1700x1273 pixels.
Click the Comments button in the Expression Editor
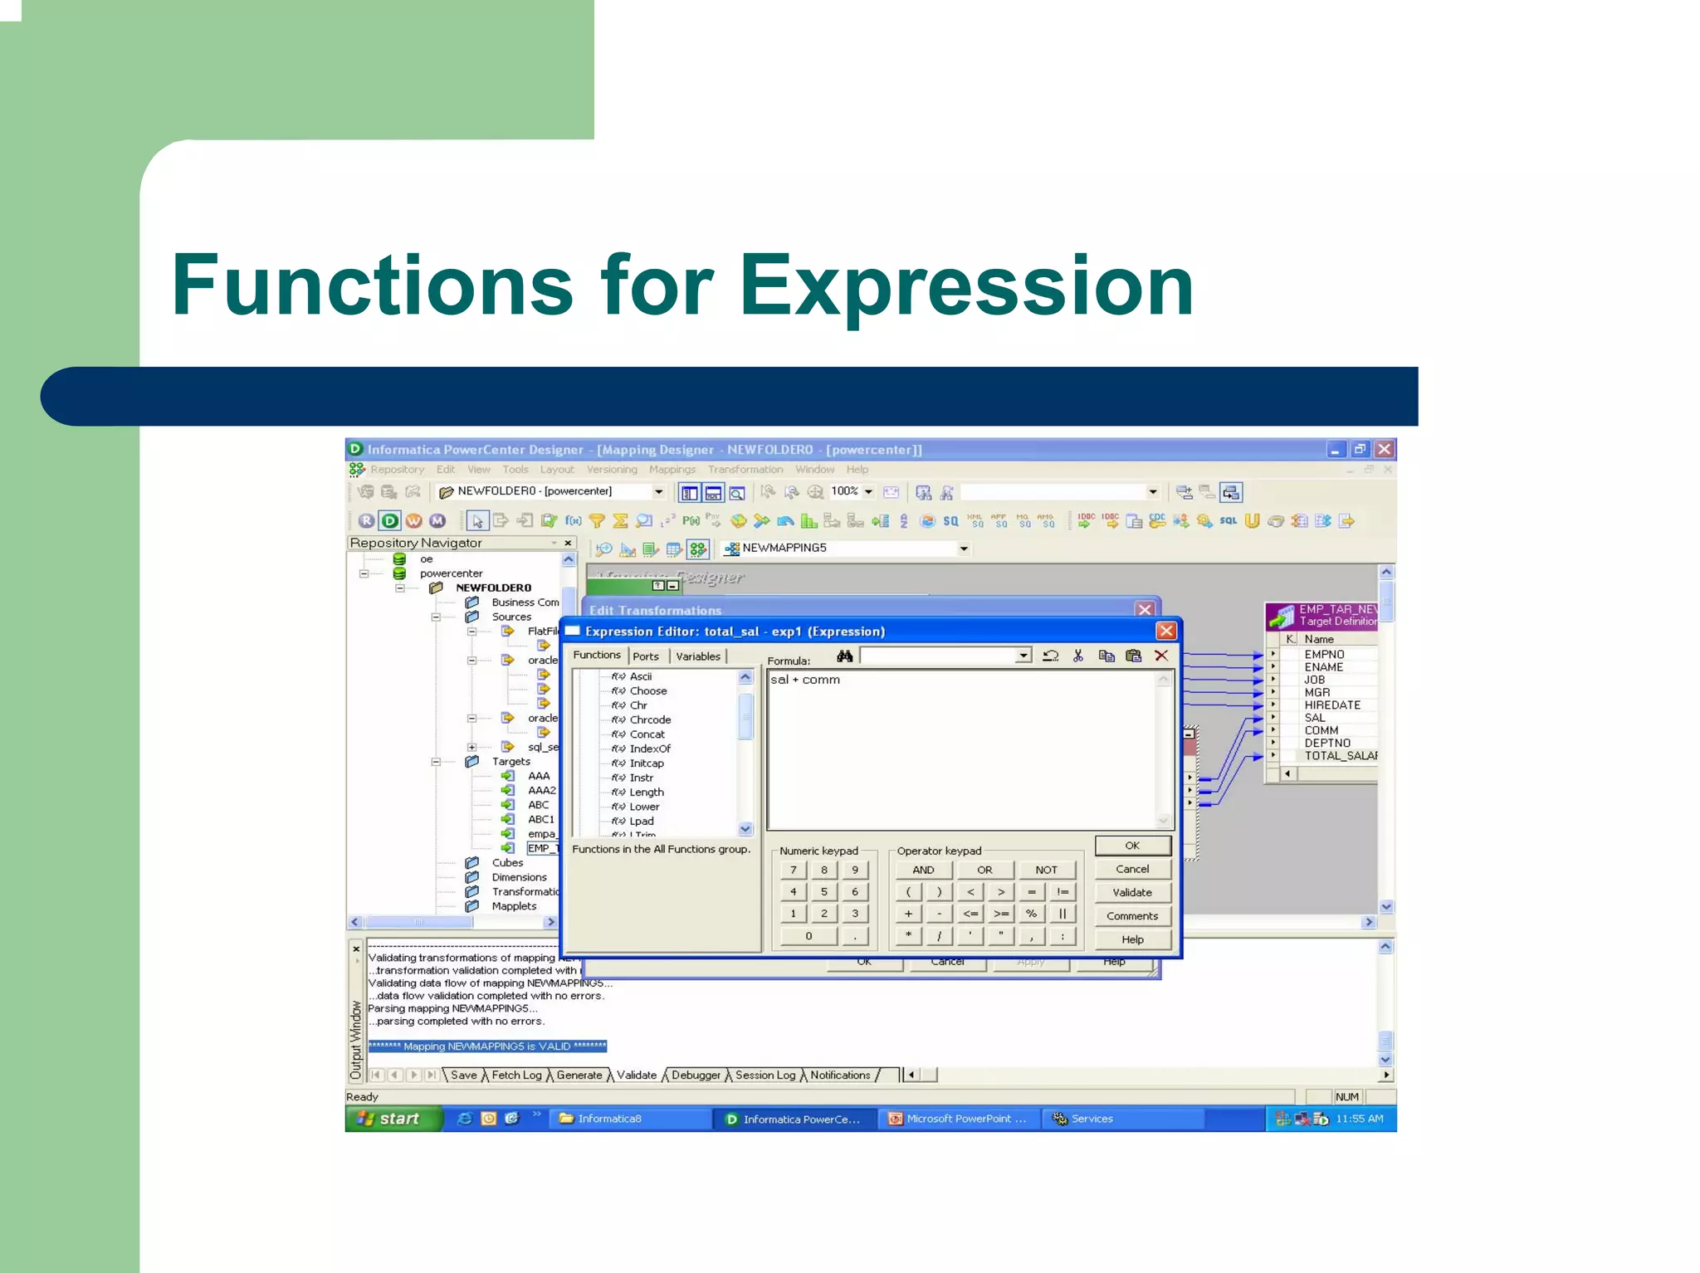coord(1131,916)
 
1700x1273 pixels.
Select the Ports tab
coord(645,656)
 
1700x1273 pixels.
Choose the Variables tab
coord(697,656)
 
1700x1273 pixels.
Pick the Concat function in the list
coord(647,734)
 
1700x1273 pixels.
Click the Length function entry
coord(646,793)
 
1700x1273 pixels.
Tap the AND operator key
coord(923,870)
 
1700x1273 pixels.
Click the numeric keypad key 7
coord(793,870)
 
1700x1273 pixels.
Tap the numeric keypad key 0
coord(808,936)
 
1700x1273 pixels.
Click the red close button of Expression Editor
coord(1165,632)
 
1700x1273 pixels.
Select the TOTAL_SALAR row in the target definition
coord(1339,756)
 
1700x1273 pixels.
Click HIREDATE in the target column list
coord(1331,705)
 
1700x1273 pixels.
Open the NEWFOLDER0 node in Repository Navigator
coord(493,588)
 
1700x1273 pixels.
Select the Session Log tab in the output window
coord(765,1075)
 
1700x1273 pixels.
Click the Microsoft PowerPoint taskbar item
coord(959,1119)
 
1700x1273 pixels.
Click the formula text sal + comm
coord(804,680)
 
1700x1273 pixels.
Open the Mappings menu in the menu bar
coord(672,470)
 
